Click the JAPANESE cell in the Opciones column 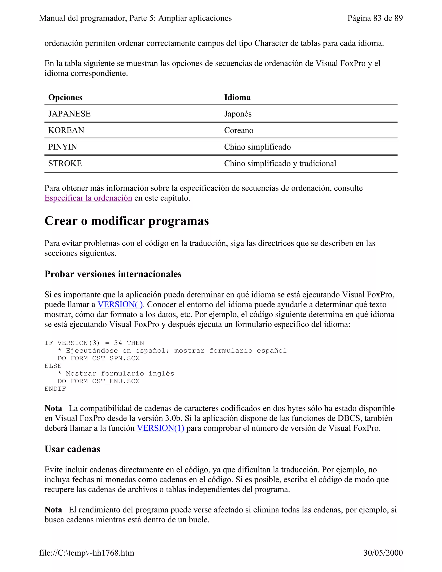[x=69, y=114]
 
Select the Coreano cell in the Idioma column [x=238, y=130]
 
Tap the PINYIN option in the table [x=63, y=147]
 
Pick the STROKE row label [x=65, y=163]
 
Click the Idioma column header [x=237, y=97]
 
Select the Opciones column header [x=65, y=97]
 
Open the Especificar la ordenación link [x=88, y=198]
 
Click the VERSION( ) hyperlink [x=120, y=304]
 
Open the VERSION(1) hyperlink [x=160, y=428]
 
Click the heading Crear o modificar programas [x=127, y=221]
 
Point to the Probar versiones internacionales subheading [x=113, y=274]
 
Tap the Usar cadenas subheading [x=72, y=449]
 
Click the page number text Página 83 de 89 [x=375, y=18]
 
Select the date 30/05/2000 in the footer [x=383, y=553]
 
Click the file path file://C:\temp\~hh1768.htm [x=87, y=553]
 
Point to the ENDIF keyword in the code [x=55, y=389]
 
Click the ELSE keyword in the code [x=53, y=366]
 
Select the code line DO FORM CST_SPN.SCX [x=98, y=358]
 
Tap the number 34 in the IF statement [x=118, y=343]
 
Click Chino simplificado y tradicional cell [x=280, y=163]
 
